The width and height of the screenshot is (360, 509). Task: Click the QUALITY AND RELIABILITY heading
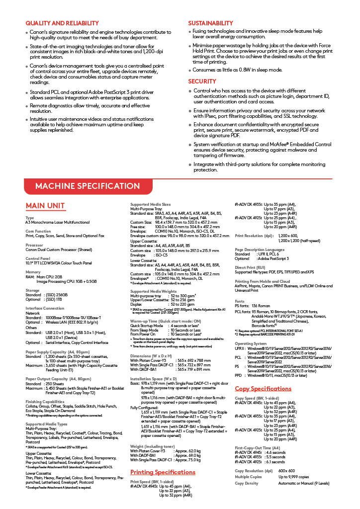58,23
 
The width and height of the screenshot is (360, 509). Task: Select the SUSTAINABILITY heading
210,23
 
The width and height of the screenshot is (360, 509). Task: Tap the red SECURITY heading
202,81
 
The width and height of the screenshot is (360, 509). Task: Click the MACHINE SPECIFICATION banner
87,186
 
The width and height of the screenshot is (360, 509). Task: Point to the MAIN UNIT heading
45,206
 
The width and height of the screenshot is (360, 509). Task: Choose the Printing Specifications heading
163,472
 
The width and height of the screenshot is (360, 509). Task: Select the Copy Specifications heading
263,389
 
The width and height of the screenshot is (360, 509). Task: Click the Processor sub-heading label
34,245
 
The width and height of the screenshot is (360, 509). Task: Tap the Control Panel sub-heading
38,258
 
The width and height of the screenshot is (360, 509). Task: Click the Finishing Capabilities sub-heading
45,401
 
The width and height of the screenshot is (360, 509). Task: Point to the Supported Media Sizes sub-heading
150,204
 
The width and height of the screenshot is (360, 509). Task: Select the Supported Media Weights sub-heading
153,291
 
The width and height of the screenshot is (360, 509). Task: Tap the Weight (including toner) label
152,446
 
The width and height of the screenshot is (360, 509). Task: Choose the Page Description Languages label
260,250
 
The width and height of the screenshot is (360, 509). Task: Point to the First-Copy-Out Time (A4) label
257,448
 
